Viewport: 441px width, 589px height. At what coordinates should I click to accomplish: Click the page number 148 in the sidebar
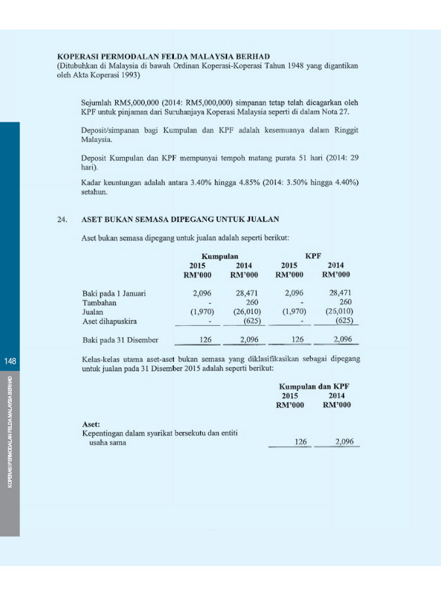point(9,361)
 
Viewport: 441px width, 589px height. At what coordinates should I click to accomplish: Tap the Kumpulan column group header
point(219,256)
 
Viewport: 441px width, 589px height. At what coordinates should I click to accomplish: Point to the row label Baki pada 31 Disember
point(119,340)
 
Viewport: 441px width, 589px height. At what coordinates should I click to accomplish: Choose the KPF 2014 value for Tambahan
point(345,302)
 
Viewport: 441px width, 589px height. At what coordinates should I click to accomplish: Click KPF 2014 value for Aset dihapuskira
point(344,321)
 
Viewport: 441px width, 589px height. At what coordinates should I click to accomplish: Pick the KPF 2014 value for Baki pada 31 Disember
point(342,340)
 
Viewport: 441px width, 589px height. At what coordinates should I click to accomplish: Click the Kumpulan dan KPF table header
point(314,387)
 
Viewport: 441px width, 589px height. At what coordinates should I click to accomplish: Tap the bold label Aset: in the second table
point(91,424)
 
